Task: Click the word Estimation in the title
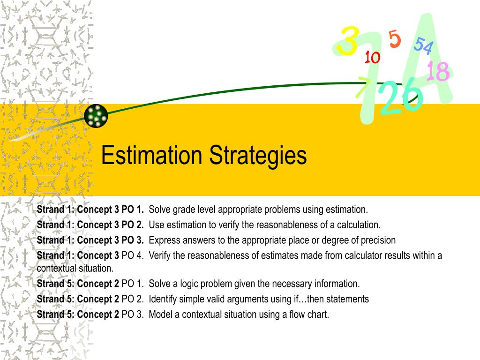pos(151,155)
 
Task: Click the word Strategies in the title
pos(258,157)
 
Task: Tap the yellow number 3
pos(348,41)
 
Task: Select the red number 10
pos(372,57)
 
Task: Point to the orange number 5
pos(395,39)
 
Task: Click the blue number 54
pos(424,45)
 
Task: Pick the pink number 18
pos(438,71)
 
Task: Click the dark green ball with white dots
pos(96,116)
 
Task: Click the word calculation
pos(359,225)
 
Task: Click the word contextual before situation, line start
pos(54,269)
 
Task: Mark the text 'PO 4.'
pos(133,255)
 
